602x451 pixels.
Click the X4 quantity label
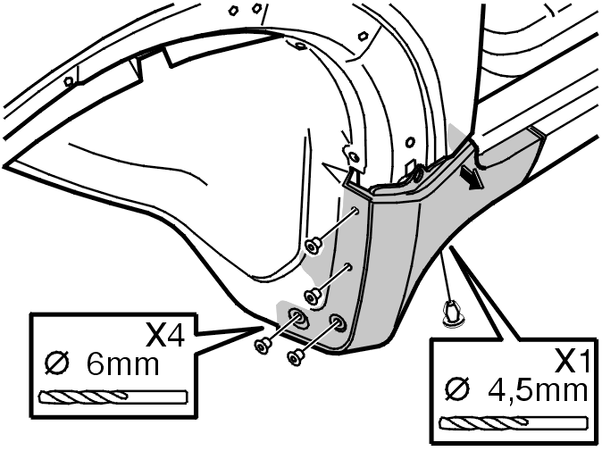click(x=165, y=335)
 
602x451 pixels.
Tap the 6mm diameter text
click(x=122, y=364)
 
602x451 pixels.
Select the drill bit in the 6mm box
click(x=113, y=397)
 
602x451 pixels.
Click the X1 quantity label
click(x=572, y=361)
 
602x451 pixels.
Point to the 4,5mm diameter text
click(x=538, y=390)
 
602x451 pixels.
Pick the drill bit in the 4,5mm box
click(x=514, y=423)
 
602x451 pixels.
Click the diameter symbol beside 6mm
click(x=57, y=363)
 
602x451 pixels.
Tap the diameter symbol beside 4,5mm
click(x=457, y=389)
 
